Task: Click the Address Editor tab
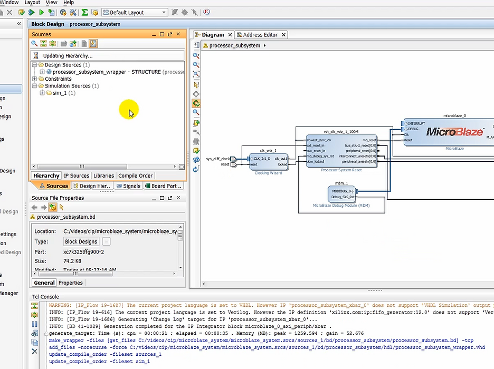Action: pos(260,35)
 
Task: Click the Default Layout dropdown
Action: pos(135,12)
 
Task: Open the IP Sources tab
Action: pos(77,176)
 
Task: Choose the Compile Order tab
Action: pos(135,176)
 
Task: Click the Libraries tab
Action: pos(103,176)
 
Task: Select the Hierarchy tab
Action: pos(46,176)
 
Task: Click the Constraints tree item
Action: pos(58,79)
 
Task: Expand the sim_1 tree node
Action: pos(42,93)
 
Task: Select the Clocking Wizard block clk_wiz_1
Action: pos(268,161)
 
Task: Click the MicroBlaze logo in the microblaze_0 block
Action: pos(454,132)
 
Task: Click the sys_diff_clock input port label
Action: pos(217,159)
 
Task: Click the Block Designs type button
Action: pos(81,241)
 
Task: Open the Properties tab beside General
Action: pos(70,283)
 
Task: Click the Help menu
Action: pos(69,3)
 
